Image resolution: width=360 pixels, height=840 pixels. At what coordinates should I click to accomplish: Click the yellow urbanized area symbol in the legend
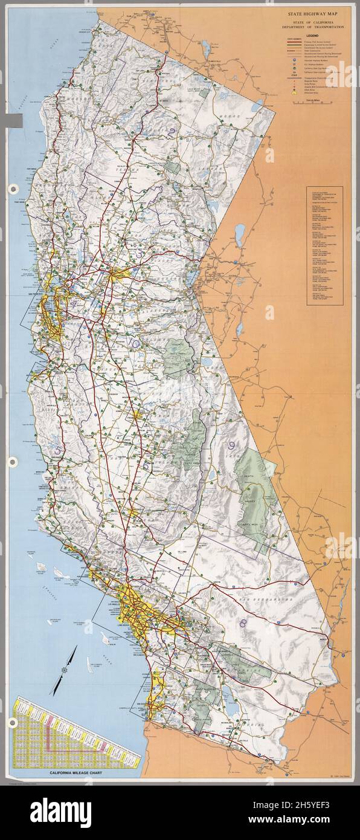[293, 94]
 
